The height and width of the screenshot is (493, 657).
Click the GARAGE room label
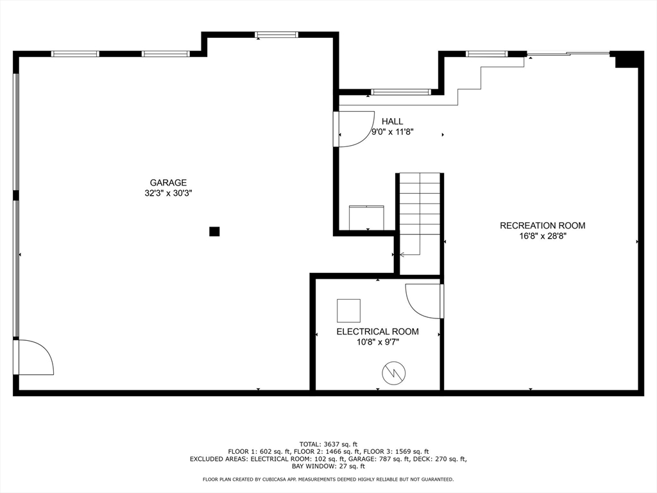[168, 182]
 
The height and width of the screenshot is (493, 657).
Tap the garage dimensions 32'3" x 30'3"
[168, 193]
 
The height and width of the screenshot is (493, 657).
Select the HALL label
[392, 121]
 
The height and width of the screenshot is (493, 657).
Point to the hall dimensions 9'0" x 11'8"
[392, 132]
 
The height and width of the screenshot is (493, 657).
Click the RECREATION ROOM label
[542, 225]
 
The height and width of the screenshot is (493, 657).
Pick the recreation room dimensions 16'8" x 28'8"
[542, 236]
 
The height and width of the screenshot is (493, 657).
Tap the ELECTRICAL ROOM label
[377, 332]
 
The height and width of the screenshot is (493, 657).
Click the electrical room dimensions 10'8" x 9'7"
[377, 342]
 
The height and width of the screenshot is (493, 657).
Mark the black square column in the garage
[214, 232]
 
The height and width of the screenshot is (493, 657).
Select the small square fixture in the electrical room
[348, 310]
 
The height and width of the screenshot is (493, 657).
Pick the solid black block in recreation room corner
[628, 60]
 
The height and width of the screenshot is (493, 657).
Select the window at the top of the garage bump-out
[277, 35]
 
